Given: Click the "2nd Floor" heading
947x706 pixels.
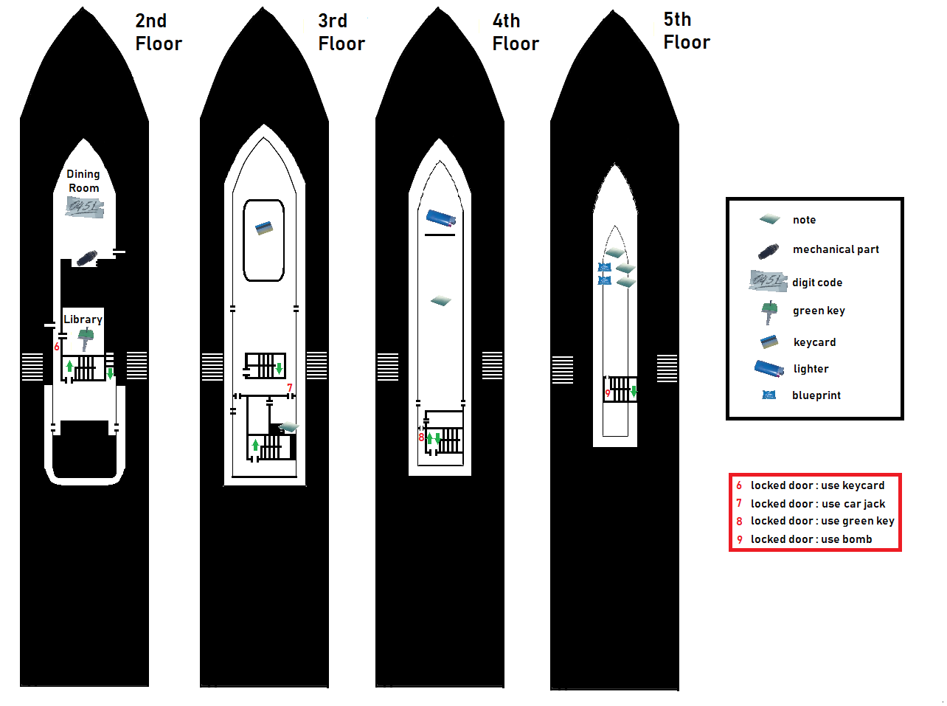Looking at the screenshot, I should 158,32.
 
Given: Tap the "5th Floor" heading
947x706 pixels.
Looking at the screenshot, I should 686,31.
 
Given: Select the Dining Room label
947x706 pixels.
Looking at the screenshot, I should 83,181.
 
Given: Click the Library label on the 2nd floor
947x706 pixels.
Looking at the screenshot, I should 83,319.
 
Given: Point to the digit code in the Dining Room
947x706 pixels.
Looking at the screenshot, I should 85,207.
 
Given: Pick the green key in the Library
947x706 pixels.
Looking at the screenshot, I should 86,339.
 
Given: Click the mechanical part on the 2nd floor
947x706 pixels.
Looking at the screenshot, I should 87,258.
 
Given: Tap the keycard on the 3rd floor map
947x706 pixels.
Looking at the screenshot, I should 264,228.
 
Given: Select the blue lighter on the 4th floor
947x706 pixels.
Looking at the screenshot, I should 441,218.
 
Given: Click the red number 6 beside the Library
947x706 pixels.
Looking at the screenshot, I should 57,347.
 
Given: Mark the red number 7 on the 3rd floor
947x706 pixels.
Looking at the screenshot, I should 290,388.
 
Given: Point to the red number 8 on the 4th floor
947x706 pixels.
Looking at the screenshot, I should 422,437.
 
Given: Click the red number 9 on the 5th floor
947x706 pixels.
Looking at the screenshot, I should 608,393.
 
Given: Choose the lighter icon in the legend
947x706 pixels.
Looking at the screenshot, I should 769,368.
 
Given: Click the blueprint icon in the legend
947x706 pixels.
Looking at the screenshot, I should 769,395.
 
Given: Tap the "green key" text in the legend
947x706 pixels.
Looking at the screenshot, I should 819,311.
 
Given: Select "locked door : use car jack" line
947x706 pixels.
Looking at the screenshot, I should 817,504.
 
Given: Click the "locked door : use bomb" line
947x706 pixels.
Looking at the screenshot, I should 811,539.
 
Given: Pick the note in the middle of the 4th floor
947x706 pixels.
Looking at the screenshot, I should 440,300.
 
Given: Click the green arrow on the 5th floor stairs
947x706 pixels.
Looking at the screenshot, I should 634,392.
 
